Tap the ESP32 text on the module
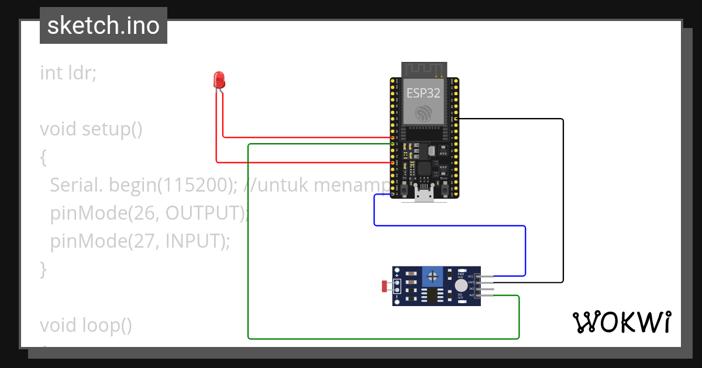[x=424, y=92]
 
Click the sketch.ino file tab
[x=104, y=26]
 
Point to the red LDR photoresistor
[x=385, y=286]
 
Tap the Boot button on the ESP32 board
[x=445, y=188]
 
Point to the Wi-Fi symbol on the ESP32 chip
[x=424, y=112]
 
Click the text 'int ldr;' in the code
[x=68, y=73]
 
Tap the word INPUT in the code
[x=192, y=241]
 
